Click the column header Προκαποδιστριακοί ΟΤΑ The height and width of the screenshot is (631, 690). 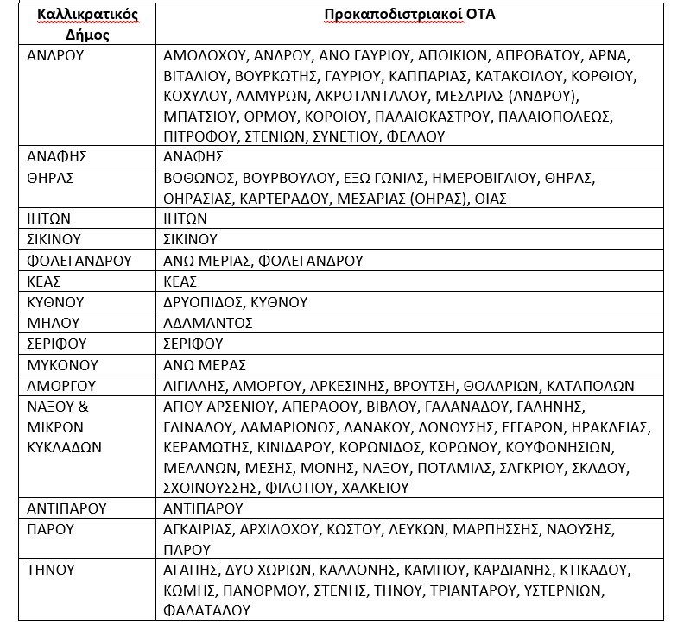tap(409, 16)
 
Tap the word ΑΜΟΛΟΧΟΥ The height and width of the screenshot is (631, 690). tap(201, 55)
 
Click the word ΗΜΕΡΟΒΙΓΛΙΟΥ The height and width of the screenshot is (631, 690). tap(484, 178)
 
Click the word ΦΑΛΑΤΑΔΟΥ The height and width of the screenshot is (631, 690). tap(206, 610)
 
